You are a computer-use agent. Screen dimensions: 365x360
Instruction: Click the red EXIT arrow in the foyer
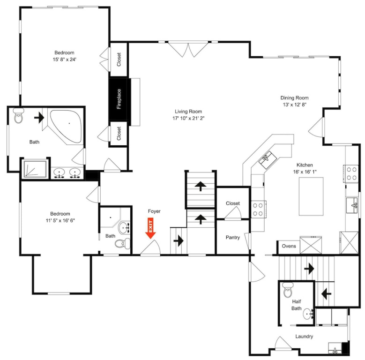click(x=150, y=228)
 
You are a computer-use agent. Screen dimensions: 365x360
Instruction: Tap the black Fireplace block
click(x=119, y=99)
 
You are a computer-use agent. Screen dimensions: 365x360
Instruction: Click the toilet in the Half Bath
click(x=288, y=290)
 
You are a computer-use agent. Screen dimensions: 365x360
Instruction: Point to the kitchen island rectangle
click(x=311, y=196)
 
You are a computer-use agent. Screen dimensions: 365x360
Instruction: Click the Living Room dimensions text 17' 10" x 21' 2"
click(x=188, y=118)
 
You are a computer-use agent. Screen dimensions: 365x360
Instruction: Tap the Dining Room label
click(x=294, y=98)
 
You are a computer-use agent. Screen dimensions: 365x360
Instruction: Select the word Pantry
click(x=232, y=237)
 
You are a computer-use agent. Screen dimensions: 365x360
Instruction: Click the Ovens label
click(x=289, y=246)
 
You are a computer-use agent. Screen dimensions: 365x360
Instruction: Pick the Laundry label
click(x=304, y=336)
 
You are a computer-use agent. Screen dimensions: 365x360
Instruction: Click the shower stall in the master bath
click(x=36, y=169)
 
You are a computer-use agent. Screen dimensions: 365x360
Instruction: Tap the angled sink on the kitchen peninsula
click(x=268, y=160)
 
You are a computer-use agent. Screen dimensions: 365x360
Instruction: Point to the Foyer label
click(x=154, y=211)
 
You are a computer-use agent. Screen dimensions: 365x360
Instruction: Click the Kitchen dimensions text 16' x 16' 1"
click(x=305, y=172)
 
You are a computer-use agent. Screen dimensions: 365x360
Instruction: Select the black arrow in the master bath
click(x=39, y=118)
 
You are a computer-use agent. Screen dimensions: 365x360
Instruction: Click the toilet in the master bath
click(x=18, y=115)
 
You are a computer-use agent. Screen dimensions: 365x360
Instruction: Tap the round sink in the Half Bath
click(x=308, y=314)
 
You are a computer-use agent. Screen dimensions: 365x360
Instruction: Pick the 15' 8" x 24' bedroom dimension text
click(x=65, y=60)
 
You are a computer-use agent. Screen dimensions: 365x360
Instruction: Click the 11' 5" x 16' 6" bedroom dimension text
click(x=60, y=220)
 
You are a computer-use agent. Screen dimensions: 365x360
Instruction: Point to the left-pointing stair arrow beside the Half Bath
click(x=326, y=294)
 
